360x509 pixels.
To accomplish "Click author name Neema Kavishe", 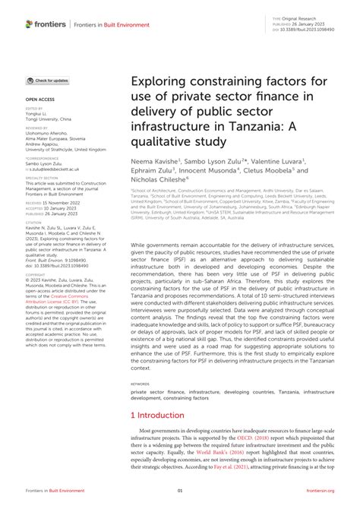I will click(x=157, y=163).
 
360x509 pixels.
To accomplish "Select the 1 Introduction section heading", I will click(x=163, y=416).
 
